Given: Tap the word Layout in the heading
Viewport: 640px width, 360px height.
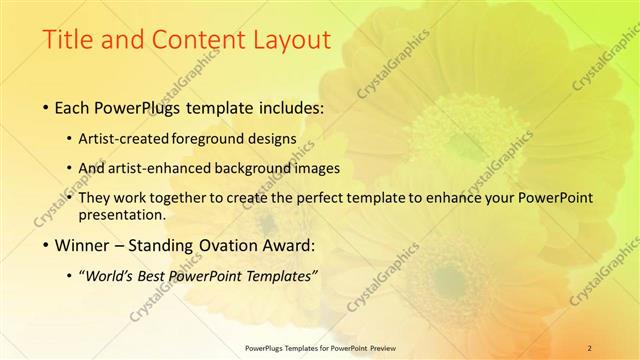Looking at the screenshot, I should tap(283, 41).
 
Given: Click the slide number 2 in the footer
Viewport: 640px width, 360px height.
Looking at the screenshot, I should tap(590, 347).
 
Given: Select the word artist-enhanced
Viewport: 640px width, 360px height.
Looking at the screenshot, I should tap(172, 168).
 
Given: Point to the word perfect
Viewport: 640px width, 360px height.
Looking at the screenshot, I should tap(319, 198).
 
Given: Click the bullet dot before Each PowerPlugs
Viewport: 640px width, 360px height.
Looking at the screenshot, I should tap(50, 107).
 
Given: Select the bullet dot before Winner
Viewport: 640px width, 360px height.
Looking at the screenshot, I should tap(50, 244).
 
